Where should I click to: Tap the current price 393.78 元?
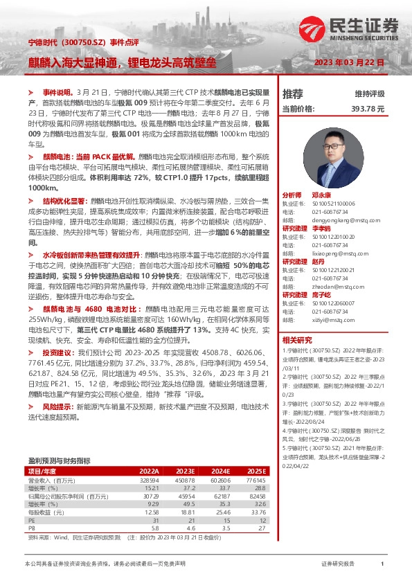coord(366,109)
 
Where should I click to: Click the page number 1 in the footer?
coord(382,564)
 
